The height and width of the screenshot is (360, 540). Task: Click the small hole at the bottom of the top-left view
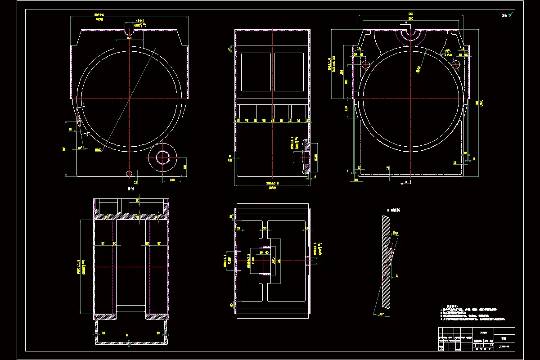(129, 173)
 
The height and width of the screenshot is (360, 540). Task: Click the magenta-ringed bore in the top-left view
(162, 157)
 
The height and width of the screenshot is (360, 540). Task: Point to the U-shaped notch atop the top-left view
(129, 32)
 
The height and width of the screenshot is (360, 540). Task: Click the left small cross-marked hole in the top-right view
(365, 64)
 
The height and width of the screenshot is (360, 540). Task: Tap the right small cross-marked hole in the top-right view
(455, 64)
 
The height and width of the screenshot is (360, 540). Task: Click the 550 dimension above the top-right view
(410, 14)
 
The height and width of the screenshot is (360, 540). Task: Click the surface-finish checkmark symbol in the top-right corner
(510, 15)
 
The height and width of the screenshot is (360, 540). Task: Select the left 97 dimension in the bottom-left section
(103, 243)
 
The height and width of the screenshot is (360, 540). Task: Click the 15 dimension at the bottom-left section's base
(127, 335)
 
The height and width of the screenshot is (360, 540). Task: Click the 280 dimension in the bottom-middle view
(279, 261)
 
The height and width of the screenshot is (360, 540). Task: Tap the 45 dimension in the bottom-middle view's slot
(267, 252)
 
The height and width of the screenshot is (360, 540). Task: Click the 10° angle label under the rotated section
(382, 313)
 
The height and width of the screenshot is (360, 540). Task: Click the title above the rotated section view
(394, 210)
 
